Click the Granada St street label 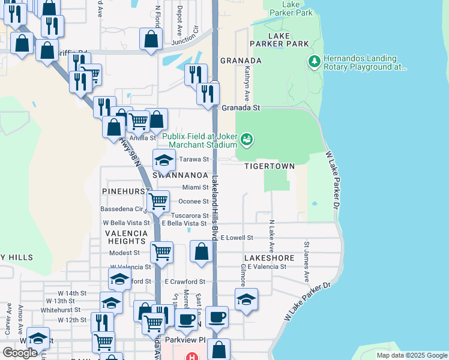241,108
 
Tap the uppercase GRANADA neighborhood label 241,61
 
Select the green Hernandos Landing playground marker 313,62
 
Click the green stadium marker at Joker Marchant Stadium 245,140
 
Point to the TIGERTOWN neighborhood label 270,166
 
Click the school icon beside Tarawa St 163,160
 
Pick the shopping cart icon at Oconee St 158,201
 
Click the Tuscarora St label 190,215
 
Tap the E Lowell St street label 237,238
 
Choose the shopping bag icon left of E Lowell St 202,251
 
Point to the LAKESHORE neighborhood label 270,258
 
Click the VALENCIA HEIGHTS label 126,237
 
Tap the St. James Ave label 306,262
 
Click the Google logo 20,353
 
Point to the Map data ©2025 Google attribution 411,355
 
